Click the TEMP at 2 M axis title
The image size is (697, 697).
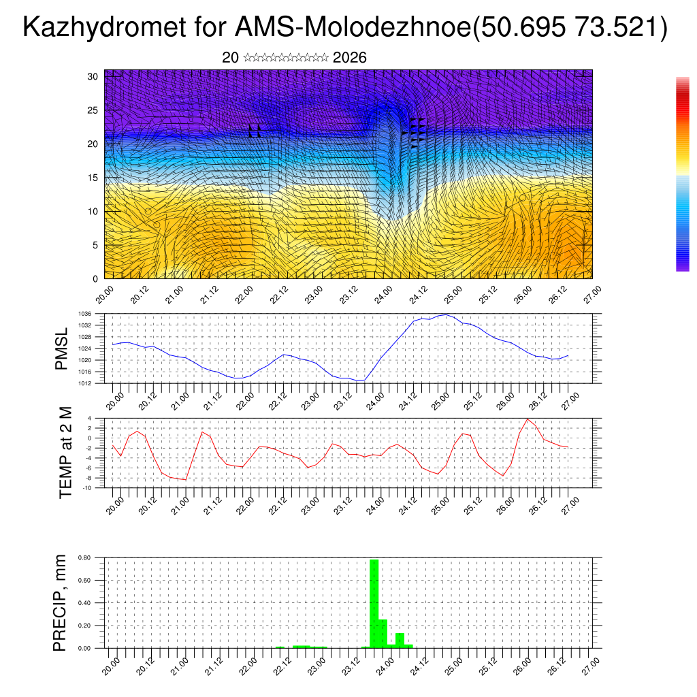point(65,452)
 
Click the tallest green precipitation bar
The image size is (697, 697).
point(374,602)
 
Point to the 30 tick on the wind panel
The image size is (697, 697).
point(93,76)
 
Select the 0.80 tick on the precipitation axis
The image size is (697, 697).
point(84,557)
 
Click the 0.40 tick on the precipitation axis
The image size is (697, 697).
point(84,603)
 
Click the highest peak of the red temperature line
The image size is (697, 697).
point(528,419)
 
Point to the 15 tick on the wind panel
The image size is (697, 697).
point(93,178)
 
